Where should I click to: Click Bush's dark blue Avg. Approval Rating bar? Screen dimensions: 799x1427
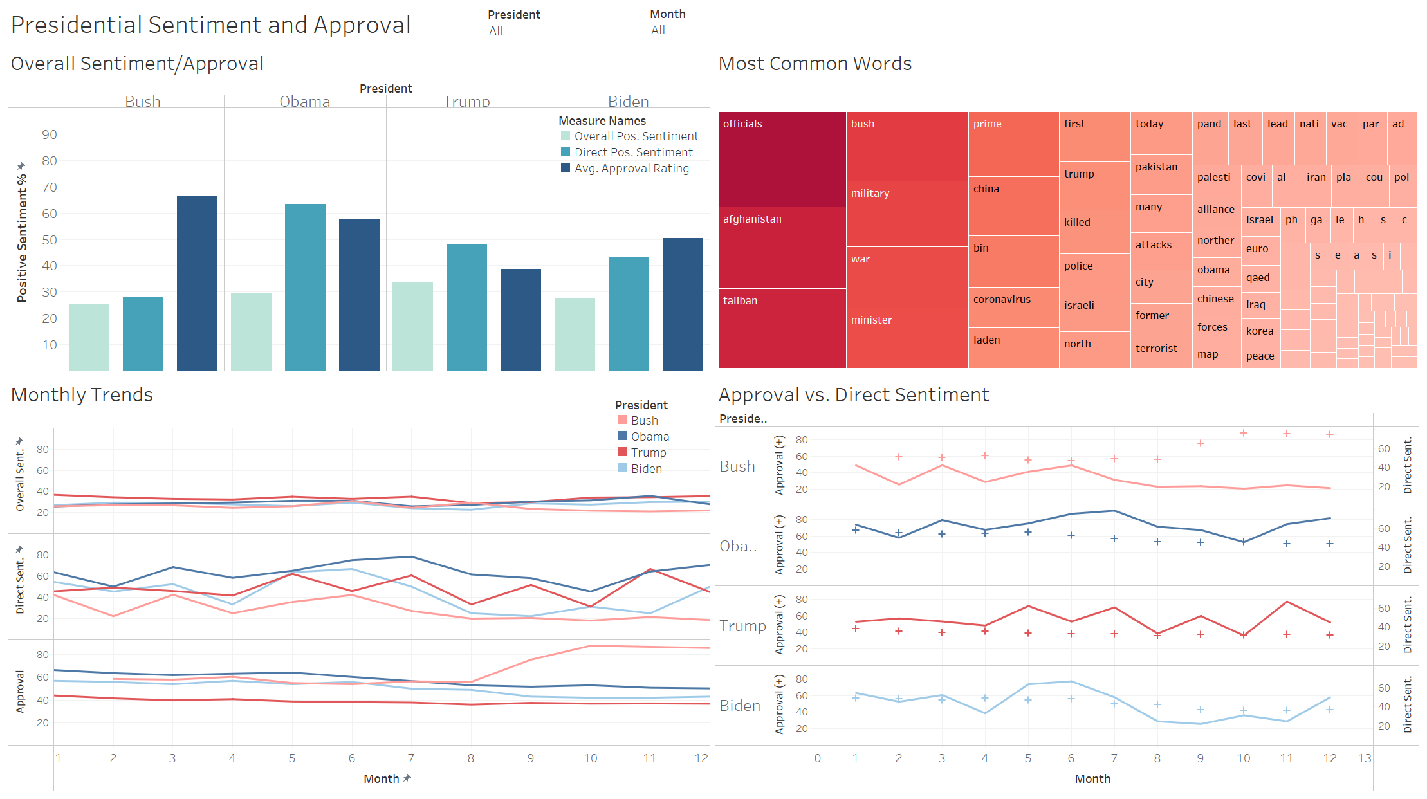point(197,283)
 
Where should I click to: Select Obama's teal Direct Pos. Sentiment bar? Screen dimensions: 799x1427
point(305,287)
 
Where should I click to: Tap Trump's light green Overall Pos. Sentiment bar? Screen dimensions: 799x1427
point(412,326)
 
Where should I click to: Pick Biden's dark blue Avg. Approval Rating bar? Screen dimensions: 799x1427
point(683,304)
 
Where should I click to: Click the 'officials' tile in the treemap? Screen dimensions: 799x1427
point(782,159)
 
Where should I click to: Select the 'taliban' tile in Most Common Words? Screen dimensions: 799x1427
point(782,328)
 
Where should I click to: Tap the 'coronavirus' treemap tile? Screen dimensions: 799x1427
point(1013,307)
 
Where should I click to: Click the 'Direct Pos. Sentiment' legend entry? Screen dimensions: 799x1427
point(633,152)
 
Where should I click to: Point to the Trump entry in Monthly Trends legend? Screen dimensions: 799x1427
point(648,453)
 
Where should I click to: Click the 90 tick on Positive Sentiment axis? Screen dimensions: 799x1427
point(50,134)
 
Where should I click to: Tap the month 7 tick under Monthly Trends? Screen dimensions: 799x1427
point(411,758)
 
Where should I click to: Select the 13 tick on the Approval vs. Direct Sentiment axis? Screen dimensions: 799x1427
point(1365,758)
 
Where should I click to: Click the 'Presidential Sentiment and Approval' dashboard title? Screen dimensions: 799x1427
point(210,25)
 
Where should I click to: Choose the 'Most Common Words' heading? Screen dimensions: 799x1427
point(815,64)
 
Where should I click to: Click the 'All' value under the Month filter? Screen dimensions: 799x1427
point(658,30)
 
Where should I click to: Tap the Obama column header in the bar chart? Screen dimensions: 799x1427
point(304,102)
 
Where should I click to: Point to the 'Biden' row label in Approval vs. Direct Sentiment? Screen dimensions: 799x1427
point(740,706)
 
